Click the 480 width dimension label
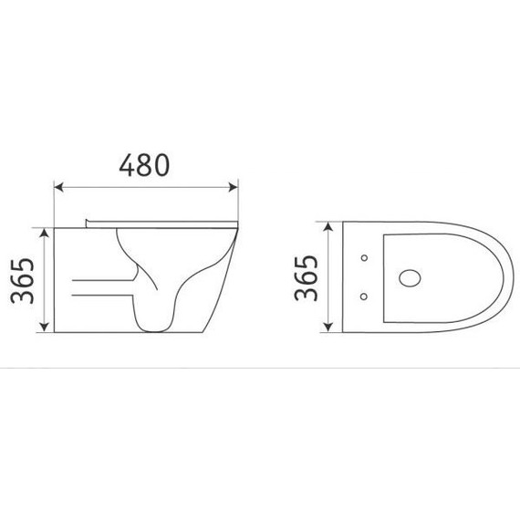coord(145,165)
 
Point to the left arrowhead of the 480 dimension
coord(58,187)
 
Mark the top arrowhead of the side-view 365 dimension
coord(44,231)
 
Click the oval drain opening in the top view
coord(411,276)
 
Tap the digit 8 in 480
coord(145,165)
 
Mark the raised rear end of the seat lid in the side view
coord(86,222)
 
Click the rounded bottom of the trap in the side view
coord(152,326)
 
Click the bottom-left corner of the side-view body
coord(56,333)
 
